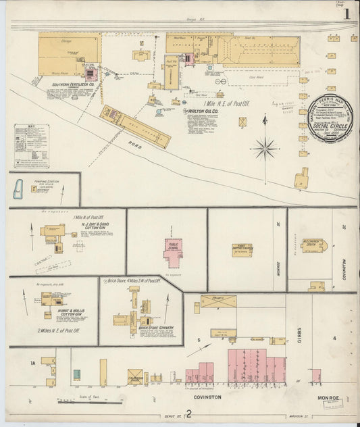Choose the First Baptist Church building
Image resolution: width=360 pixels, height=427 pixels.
point(241,249)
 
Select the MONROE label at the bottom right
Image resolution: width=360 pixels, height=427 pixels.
point(327,399)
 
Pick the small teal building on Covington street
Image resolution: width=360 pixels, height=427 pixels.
point(77,374)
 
